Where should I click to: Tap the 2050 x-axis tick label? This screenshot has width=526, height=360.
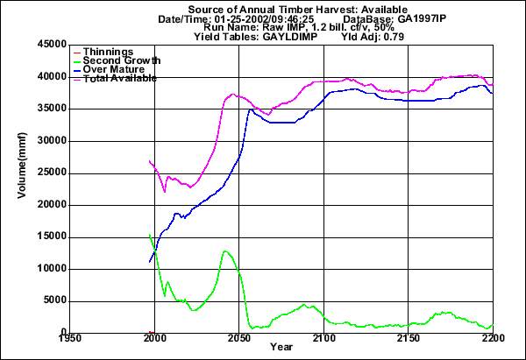(x=239, y=337)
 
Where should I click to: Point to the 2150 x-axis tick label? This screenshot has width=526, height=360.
(x=409, y=337)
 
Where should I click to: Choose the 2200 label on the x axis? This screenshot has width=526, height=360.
(x=493, y=337)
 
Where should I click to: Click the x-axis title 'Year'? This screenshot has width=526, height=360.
(x=281, y=349)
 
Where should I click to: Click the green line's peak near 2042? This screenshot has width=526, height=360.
(x=225, y=251)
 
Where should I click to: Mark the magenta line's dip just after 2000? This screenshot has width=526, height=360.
(x=164, y=191)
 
